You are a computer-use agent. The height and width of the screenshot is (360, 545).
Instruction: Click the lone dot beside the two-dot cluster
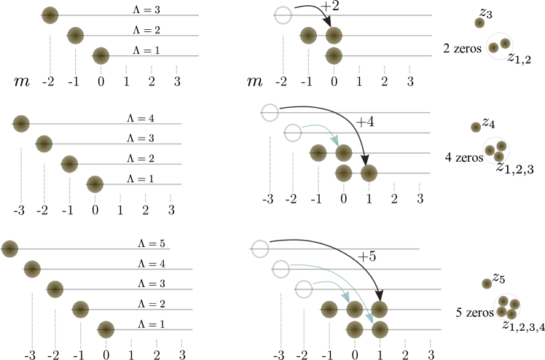[479, 23]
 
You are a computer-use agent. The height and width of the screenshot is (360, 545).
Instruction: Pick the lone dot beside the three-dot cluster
[476, 128]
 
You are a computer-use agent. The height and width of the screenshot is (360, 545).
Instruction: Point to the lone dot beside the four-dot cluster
[487, 283]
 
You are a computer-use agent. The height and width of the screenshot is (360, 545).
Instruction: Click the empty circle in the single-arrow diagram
[283, 15]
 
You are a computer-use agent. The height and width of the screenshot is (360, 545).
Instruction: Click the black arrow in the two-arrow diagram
[342, 117]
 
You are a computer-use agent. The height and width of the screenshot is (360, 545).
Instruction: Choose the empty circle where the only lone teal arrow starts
[293, 133]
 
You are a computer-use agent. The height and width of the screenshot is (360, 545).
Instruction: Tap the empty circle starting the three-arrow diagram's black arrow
[260, 249]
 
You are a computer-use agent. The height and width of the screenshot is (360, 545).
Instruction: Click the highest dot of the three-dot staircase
[50, 15]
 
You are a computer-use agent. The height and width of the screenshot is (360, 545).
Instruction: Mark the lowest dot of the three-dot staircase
[101, 56]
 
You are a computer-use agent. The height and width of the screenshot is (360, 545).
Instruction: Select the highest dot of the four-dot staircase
[21, 124]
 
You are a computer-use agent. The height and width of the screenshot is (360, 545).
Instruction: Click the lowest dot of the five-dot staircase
[106, 329]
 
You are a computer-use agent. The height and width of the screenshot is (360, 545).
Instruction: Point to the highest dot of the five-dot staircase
[9, 249]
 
